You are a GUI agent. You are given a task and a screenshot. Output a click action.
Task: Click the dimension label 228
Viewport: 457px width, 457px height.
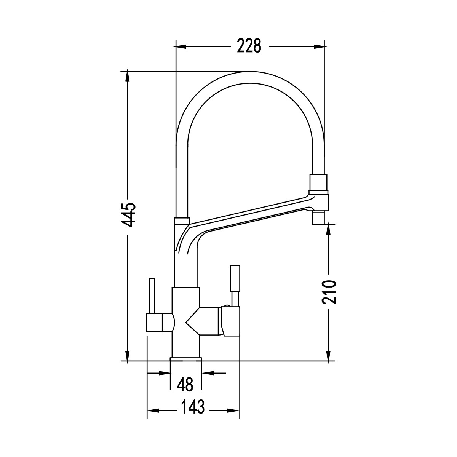pos(249,46)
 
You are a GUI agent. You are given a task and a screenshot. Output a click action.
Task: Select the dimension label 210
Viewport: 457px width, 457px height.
pos(329,292)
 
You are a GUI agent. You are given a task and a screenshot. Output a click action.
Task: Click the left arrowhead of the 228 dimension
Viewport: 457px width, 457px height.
pos(181,47)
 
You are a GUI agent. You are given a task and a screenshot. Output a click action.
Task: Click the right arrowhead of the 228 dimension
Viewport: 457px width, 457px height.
pos(319,47)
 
